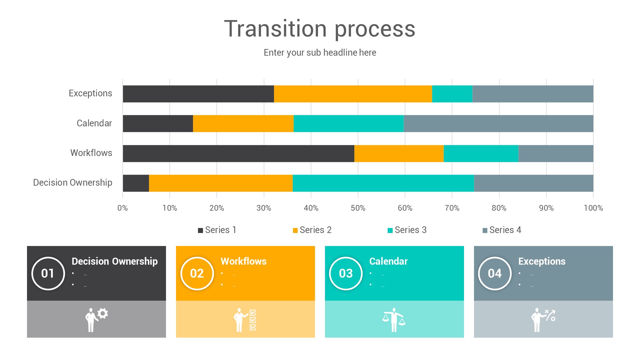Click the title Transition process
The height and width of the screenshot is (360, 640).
(x=320, y=29)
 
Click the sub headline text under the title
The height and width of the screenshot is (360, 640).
(x=320, y=53)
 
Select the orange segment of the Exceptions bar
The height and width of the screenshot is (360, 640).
(x=353, y=94)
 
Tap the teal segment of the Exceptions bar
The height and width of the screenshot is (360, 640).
(x=452, y=94)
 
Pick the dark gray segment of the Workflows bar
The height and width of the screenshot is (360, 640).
(x=238, y=154)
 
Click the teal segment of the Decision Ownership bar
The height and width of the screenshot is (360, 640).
(x=383, y=183)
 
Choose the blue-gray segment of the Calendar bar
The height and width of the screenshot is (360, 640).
(x=498, y=124)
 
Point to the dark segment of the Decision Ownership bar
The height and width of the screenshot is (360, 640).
(x=136, y=183)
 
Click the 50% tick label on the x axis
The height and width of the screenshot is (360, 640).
(x=358, y=208)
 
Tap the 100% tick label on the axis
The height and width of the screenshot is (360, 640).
(x=593, y=208)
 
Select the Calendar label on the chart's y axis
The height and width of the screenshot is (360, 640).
(x=94, y=123)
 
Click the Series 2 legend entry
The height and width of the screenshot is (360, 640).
(x=312, y=230)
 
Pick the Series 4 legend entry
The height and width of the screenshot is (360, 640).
(x=502, y=230)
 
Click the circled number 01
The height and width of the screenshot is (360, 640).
(x=48, y=273)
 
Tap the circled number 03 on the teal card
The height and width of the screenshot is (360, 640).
(x=346, y=273)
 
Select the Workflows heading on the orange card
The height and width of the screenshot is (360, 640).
(x=243, y=261)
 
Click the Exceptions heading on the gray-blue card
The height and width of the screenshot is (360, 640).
(x=542, y=261)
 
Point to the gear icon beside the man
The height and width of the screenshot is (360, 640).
(x=103, y=313)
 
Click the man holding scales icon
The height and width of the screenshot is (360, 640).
(x=394, y=320)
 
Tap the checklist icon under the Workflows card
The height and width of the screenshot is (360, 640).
(x=253, y=320)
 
